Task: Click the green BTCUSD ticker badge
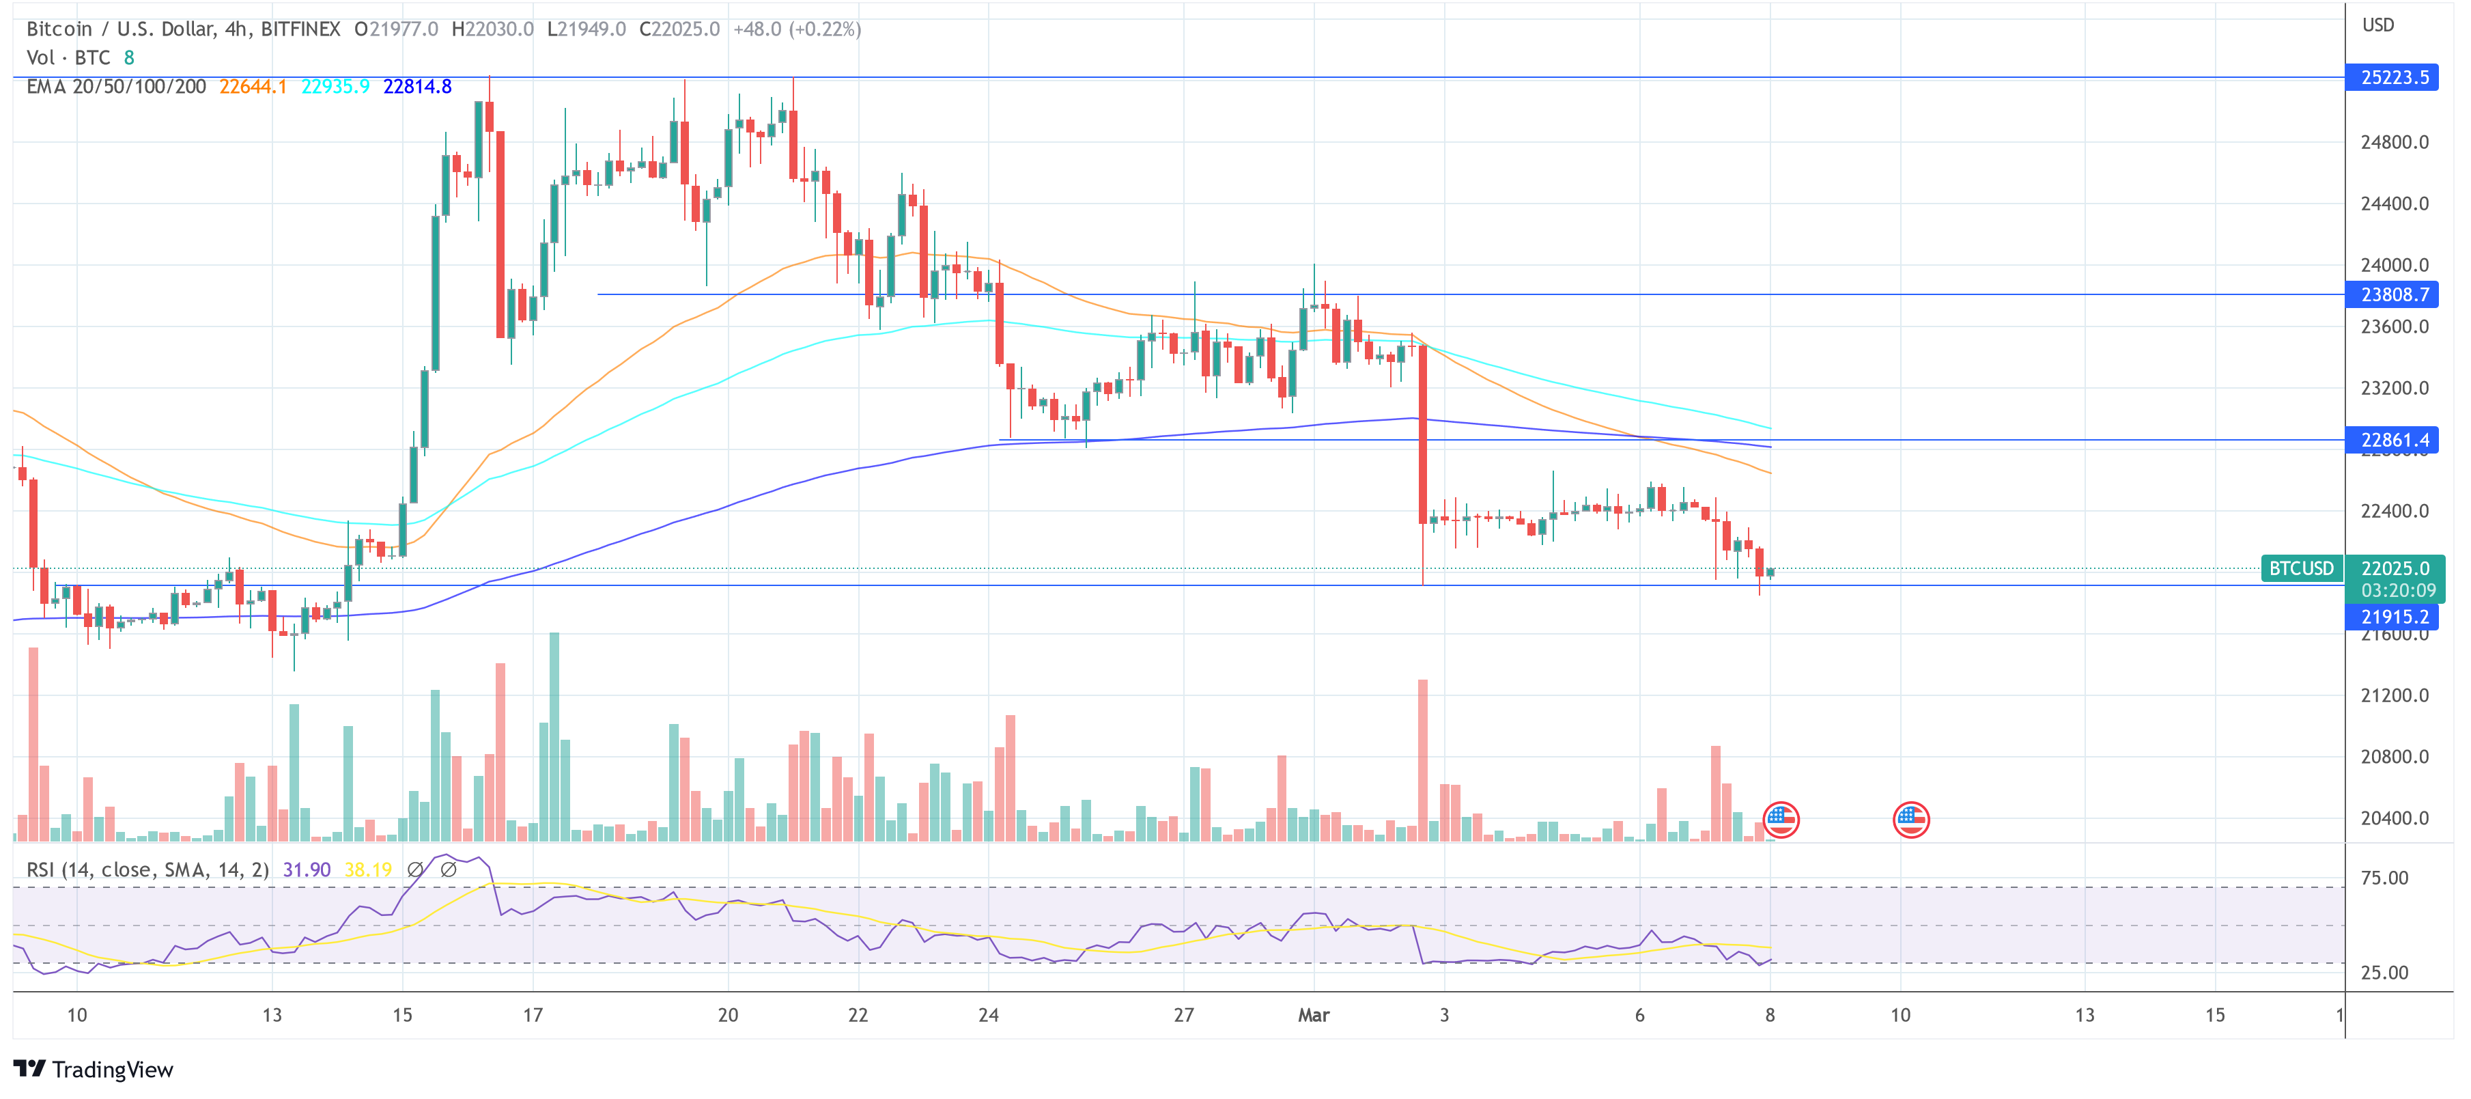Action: (x=2300, y=568)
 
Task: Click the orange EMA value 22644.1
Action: (x=252, y=86)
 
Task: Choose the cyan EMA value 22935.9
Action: (x=335, y=86)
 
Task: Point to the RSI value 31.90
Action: (x=306, y=870)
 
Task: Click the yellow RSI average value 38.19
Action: (x=368, y=870)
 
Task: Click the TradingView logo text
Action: (x=111, y=1069)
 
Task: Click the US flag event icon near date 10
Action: (x=1911, y=820)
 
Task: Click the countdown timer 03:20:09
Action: (x=2397, y=590)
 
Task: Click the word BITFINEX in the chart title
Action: (x=300, y=29)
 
